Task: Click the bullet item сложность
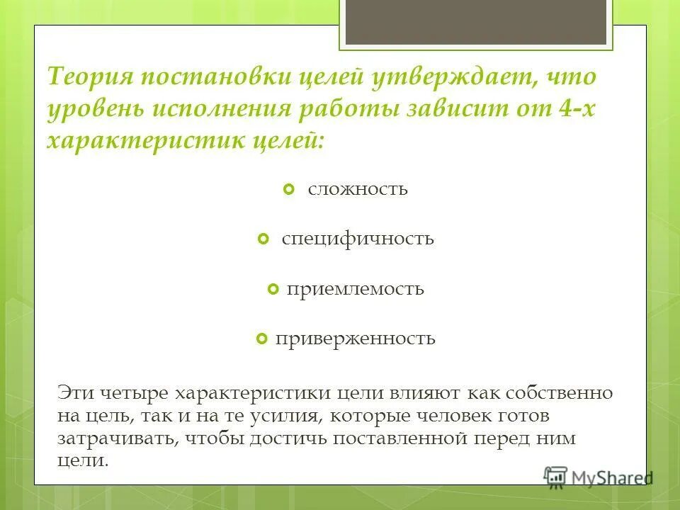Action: tap(358, 190)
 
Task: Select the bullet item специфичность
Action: tap(358, 239)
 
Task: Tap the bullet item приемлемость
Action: tap(356, 289)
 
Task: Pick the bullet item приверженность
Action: tap(356, 339)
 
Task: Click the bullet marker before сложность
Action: tap(288, 190)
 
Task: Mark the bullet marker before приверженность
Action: tap(261, 339)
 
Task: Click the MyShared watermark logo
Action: tap(599, 477)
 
